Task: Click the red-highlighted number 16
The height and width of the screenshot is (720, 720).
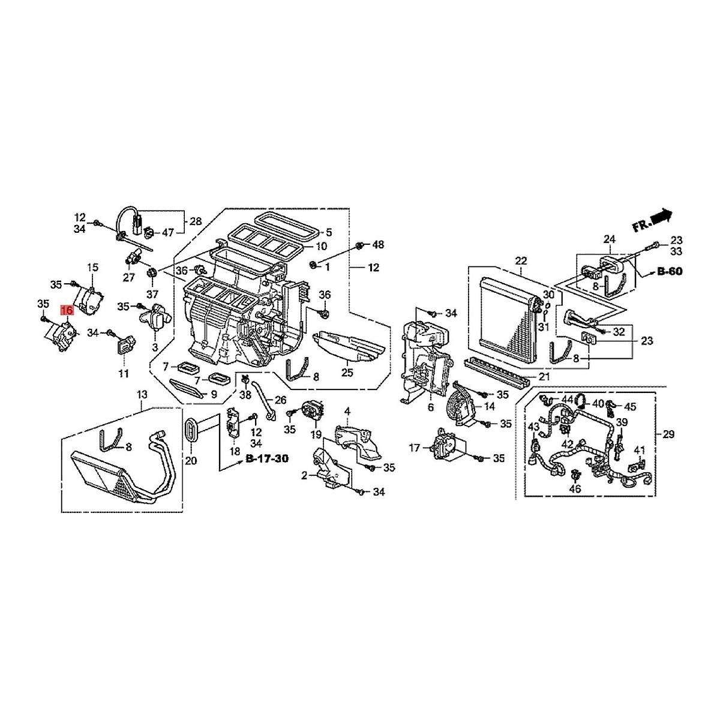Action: coord(66,310)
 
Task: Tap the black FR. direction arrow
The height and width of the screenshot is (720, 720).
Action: coord(661,216)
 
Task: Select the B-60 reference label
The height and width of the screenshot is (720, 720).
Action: coord(669,271)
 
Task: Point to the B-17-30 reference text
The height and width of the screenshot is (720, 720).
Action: coord(267,458)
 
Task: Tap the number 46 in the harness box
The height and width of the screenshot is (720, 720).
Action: coord(575,489)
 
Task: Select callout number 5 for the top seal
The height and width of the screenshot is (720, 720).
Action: coord(329,232)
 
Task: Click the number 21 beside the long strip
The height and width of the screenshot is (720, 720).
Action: coord(544,376)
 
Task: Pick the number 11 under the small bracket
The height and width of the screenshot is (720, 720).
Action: coord(123,374)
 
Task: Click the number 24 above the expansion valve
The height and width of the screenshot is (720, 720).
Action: coord(610,239)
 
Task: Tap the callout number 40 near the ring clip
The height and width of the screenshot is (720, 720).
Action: coord(598,403)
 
